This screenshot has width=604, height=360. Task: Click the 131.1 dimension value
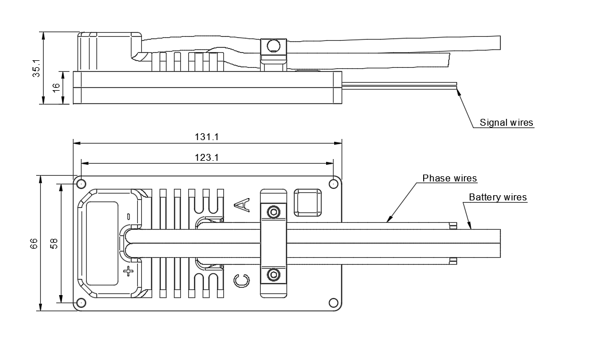click(x=208, y=137)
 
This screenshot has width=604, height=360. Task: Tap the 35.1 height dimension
click(x=37, y=68)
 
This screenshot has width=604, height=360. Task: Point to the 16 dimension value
click(x=56, y=87)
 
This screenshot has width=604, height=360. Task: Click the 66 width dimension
click(x=34, y=243)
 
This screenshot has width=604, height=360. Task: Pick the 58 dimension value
click(x=54, y=243)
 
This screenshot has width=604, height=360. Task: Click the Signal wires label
click(x=506, y=122)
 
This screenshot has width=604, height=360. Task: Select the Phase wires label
click(x=450, y=178)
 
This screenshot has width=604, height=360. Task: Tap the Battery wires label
click(x=498, y=198)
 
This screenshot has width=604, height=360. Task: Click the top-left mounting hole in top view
click(x=81, y=184)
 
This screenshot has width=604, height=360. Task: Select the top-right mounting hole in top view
click(x=333, y=184)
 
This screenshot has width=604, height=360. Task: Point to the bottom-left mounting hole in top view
click(x=81, y=303)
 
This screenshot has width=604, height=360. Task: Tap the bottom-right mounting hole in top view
click(x=333, y=303)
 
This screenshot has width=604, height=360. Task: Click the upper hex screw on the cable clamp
click(x=274, y=212)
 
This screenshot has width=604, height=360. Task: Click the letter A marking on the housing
click(x=242, y=204)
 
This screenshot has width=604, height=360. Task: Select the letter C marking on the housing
click(x=242, y=280)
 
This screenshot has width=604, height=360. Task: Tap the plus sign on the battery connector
click(x=128, y=271)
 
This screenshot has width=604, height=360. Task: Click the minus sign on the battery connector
click(x=128, y=216)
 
